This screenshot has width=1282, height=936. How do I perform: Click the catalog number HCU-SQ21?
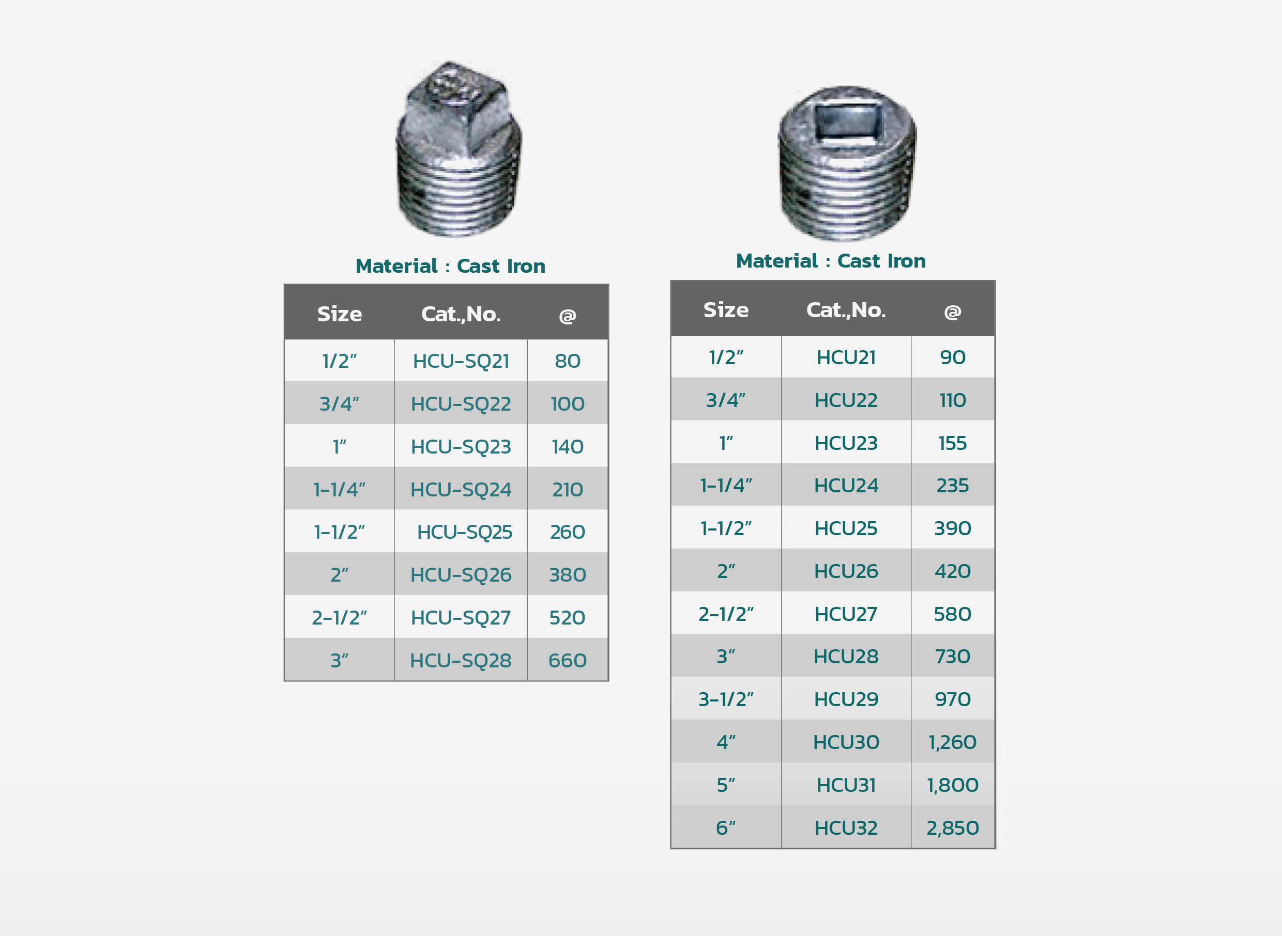pos(461,362)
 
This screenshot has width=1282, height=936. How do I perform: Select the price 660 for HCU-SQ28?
pos(568,661)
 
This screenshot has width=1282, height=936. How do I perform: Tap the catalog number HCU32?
pos(846,829)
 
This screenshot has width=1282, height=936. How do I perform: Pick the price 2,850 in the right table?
pos(953,829)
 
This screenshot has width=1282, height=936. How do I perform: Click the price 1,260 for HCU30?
pos(953,742)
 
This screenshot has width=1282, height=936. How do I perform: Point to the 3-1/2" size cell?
pos(726,700)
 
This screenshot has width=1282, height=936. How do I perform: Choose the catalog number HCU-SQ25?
pos(464,532)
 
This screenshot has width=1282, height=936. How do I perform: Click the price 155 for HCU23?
pos(953,443)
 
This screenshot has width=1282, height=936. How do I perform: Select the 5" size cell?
pos(726,785)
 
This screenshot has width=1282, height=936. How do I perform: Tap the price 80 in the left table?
pos(568,361)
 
